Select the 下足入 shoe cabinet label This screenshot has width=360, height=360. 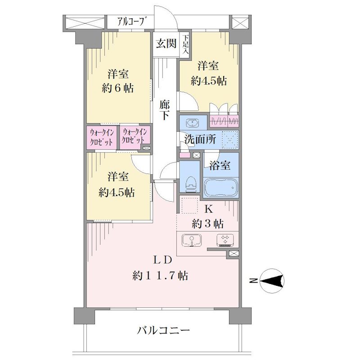pos(185,44)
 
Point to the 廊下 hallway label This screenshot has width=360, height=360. pos(165,110)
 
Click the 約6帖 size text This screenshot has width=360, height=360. pos(118,88)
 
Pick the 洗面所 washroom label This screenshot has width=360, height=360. pos(200,139)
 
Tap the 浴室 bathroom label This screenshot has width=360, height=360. pos(220,165)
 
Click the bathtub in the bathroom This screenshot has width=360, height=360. pos(220,187)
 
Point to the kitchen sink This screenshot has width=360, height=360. pos(192,240)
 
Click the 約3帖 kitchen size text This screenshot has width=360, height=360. pos(208,223)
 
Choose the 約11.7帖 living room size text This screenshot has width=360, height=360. pos(160,275)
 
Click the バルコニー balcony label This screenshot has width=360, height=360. pos(163,331)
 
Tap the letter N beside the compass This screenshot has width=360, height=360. pos(253,280)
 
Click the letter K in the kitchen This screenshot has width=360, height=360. pos(208,209)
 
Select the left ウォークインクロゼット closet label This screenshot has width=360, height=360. pos(102,137)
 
